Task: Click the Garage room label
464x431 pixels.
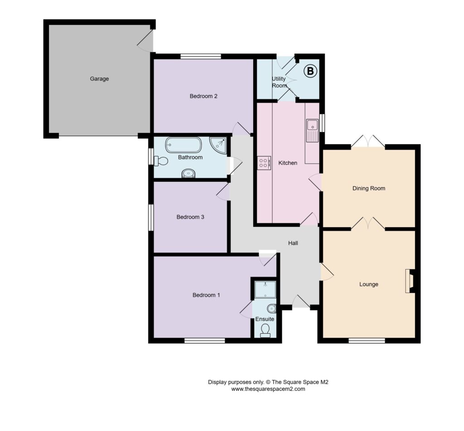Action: pyautogui.click(x=99, y=79)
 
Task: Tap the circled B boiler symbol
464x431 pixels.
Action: pyautogui.click(x=310, y=71)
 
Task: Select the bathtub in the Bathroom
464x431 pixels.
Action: pyautogui.click(x=184, y=145)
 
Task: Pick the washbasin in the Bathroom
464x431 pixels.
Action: pyautogui.click(x=188, y=173)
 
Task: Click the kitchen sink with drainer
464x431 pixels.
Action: pyautogui.click(x=312, y=130)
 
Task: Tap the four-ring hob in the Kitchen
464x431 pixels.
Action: pyautogui.click(x=264, y=163)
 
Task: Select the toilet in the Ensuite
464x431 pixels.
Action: pyautogui.click(x=265, y=331)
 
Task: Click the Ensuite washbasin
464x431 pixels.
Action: pyautogui.click(x=272, y=309)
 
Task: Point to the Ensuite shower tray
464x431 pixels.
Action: pyautogui.click(x=265, y=289)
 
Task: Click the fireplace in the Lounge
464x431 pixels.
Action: pyautogui.click(x=410, y=281)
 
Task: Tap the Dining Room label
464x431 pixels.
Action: pyautogui.click(x=369, y=189)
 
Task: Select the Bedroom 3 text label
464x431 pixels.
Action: pyautogui.click(x=190, y=217)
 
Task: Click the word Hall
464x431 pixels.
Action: pyautogui.click(x=293, y=243)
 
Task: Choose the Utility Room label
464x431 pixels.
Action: pyautogui.click(x=279, y=82)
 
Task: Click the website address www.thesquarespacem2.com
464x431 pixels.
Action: pyautogui.click(x=268, y=389)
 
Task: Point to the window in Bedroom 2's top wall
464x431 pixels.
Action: pyautogui.click(x=201, y=57)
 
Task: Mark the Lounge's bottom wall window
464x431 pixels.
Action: pyautogui.click(x=367, y=341)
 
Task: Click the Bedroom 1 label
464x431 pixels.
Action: pyautogui.click(x=206, y=295)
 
